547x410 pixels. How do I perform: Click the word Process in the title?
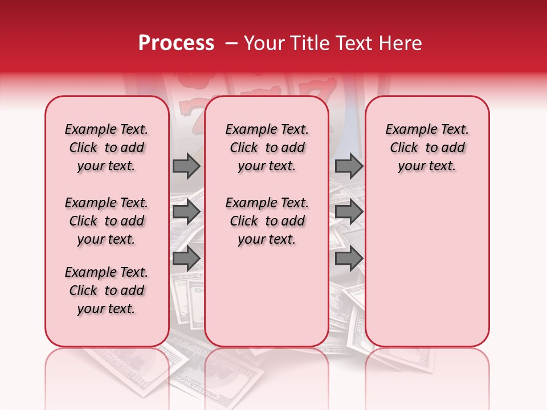[x=176, y=43]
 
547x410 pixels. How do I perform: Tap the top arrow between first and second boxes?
[x=186, y=166]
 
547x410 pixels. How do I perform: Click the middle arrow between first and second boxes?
[x=186, y=212]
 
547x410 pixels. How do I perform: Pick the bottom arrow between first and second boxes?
[x=186, y=259]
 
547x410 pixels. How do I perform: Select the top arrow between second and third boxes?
[x=349, y=166]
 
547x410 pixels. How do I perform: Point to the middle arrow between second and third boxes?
[x=349, y=212]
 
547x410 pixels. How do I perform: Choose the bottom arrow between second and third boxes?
[x=349, y=259]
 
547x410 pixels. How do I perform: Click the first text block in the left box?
[x=107, y=147]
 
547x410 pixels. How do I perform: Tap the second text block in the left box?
[x=107, y=221]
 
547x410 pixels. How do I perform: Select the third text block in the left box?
[x=107, y=290]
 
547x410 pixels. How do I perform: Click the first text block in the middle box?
[x=267, y=147]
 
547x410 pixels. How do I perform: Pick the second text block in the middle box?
[x=267, y=221]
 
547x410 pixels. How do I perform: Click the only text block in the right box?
[x=427, y=147]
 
